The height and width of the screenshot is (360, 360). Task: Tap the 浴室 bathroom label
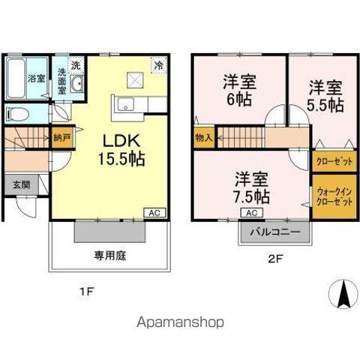(x=34, y=79)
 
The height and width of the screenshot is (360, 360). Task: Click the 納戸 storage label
(x=61, y=138)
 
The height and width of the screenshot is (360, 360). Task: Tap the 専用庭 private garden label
(x=109, y=256)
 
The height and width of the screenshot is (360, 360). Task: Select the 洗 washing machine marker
(x=76, y=64)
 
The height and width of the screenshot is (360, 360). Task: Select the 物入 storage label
(x=203, y=138)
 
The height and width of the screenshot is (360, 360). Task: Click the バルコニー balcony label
(x=275, y=232)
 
